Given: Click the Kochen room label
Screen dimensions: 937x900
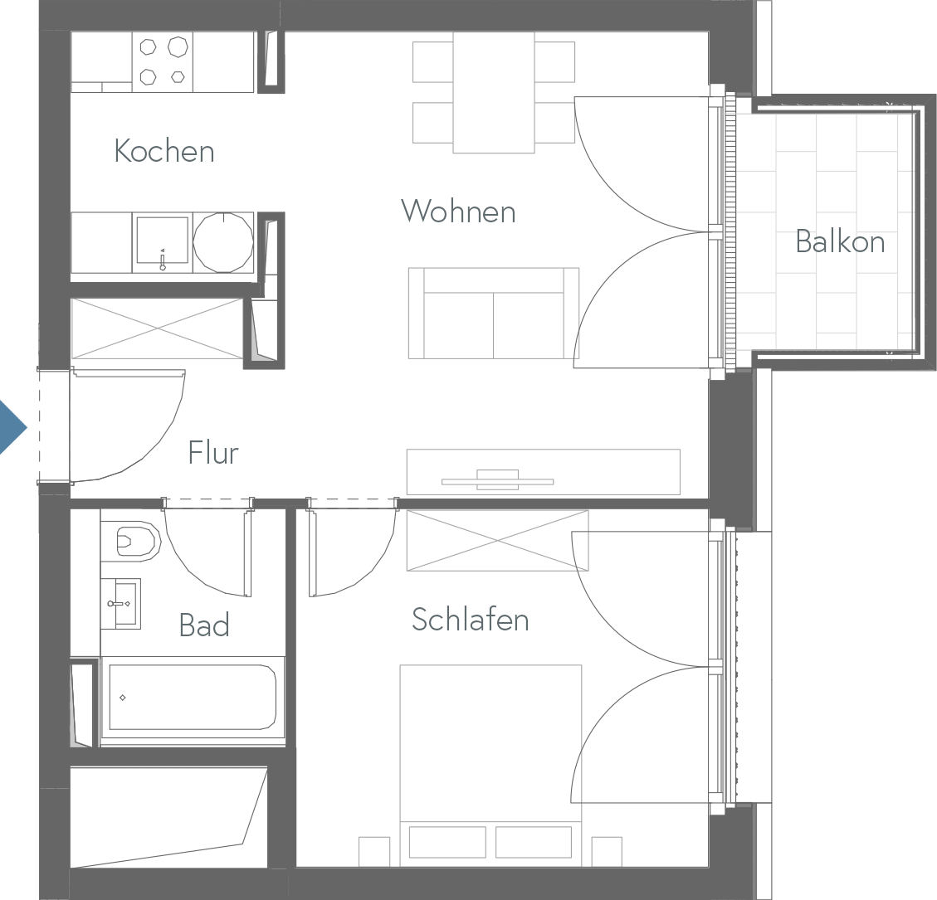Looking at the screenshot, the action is click(x=164, y=150).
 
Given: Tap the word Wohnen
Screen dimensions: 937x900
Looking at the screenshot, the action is click(x=458, y=211).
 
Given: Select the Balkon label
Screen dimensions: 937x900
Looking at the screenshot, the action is click(x=840, y=241).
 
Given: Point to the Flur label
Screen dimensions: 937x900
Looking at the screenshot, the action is click(x=213, y=452).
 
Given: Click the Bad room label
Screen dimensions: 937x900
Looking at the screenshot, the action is click(x=204, y=625).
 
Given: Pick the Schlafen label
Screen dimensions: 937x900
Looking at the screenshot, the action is click(x=471, y=620).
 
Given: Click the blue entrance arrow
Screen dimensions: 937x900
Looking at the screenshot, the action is click(x=13, y=427).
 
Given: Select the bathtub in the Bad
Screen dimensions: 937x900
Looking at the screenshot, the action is click(x=193, y=697).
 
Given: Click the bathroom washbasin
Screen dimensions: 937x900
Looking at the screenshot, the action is click(x=120, y=603).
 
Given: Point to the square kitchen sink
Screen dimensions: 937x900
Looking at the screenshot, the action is click(x=162, y=241).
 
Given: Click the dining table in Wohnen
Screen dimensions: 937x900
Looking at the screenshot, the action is click(x=494, y=93).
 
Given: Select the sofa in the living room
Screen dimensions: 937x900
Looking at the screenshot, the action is click(x=494, y=313).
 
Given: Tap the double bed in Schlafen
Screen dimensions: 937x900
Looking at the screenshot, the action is click(x=490, y=765).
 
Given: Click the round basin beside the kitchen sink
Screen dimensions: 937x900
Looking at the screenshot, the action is click(x=223, y=242).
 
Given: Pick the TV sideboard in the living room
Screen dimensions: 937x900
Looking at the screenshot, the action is click(x=544, y=472).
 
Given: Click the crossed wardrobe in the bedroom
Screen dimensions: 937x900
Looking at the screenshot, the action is click(x=497, y=541).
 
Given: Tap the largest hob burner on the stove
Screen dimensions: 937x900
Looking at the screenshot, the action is click(x=178, y=46).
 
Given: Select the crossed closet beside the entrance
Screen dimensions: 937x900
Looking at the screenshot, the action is click(x=157, y=328).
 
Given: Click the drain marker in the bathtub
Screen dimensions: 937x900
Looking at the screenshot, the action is click(x=123, y=698).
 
